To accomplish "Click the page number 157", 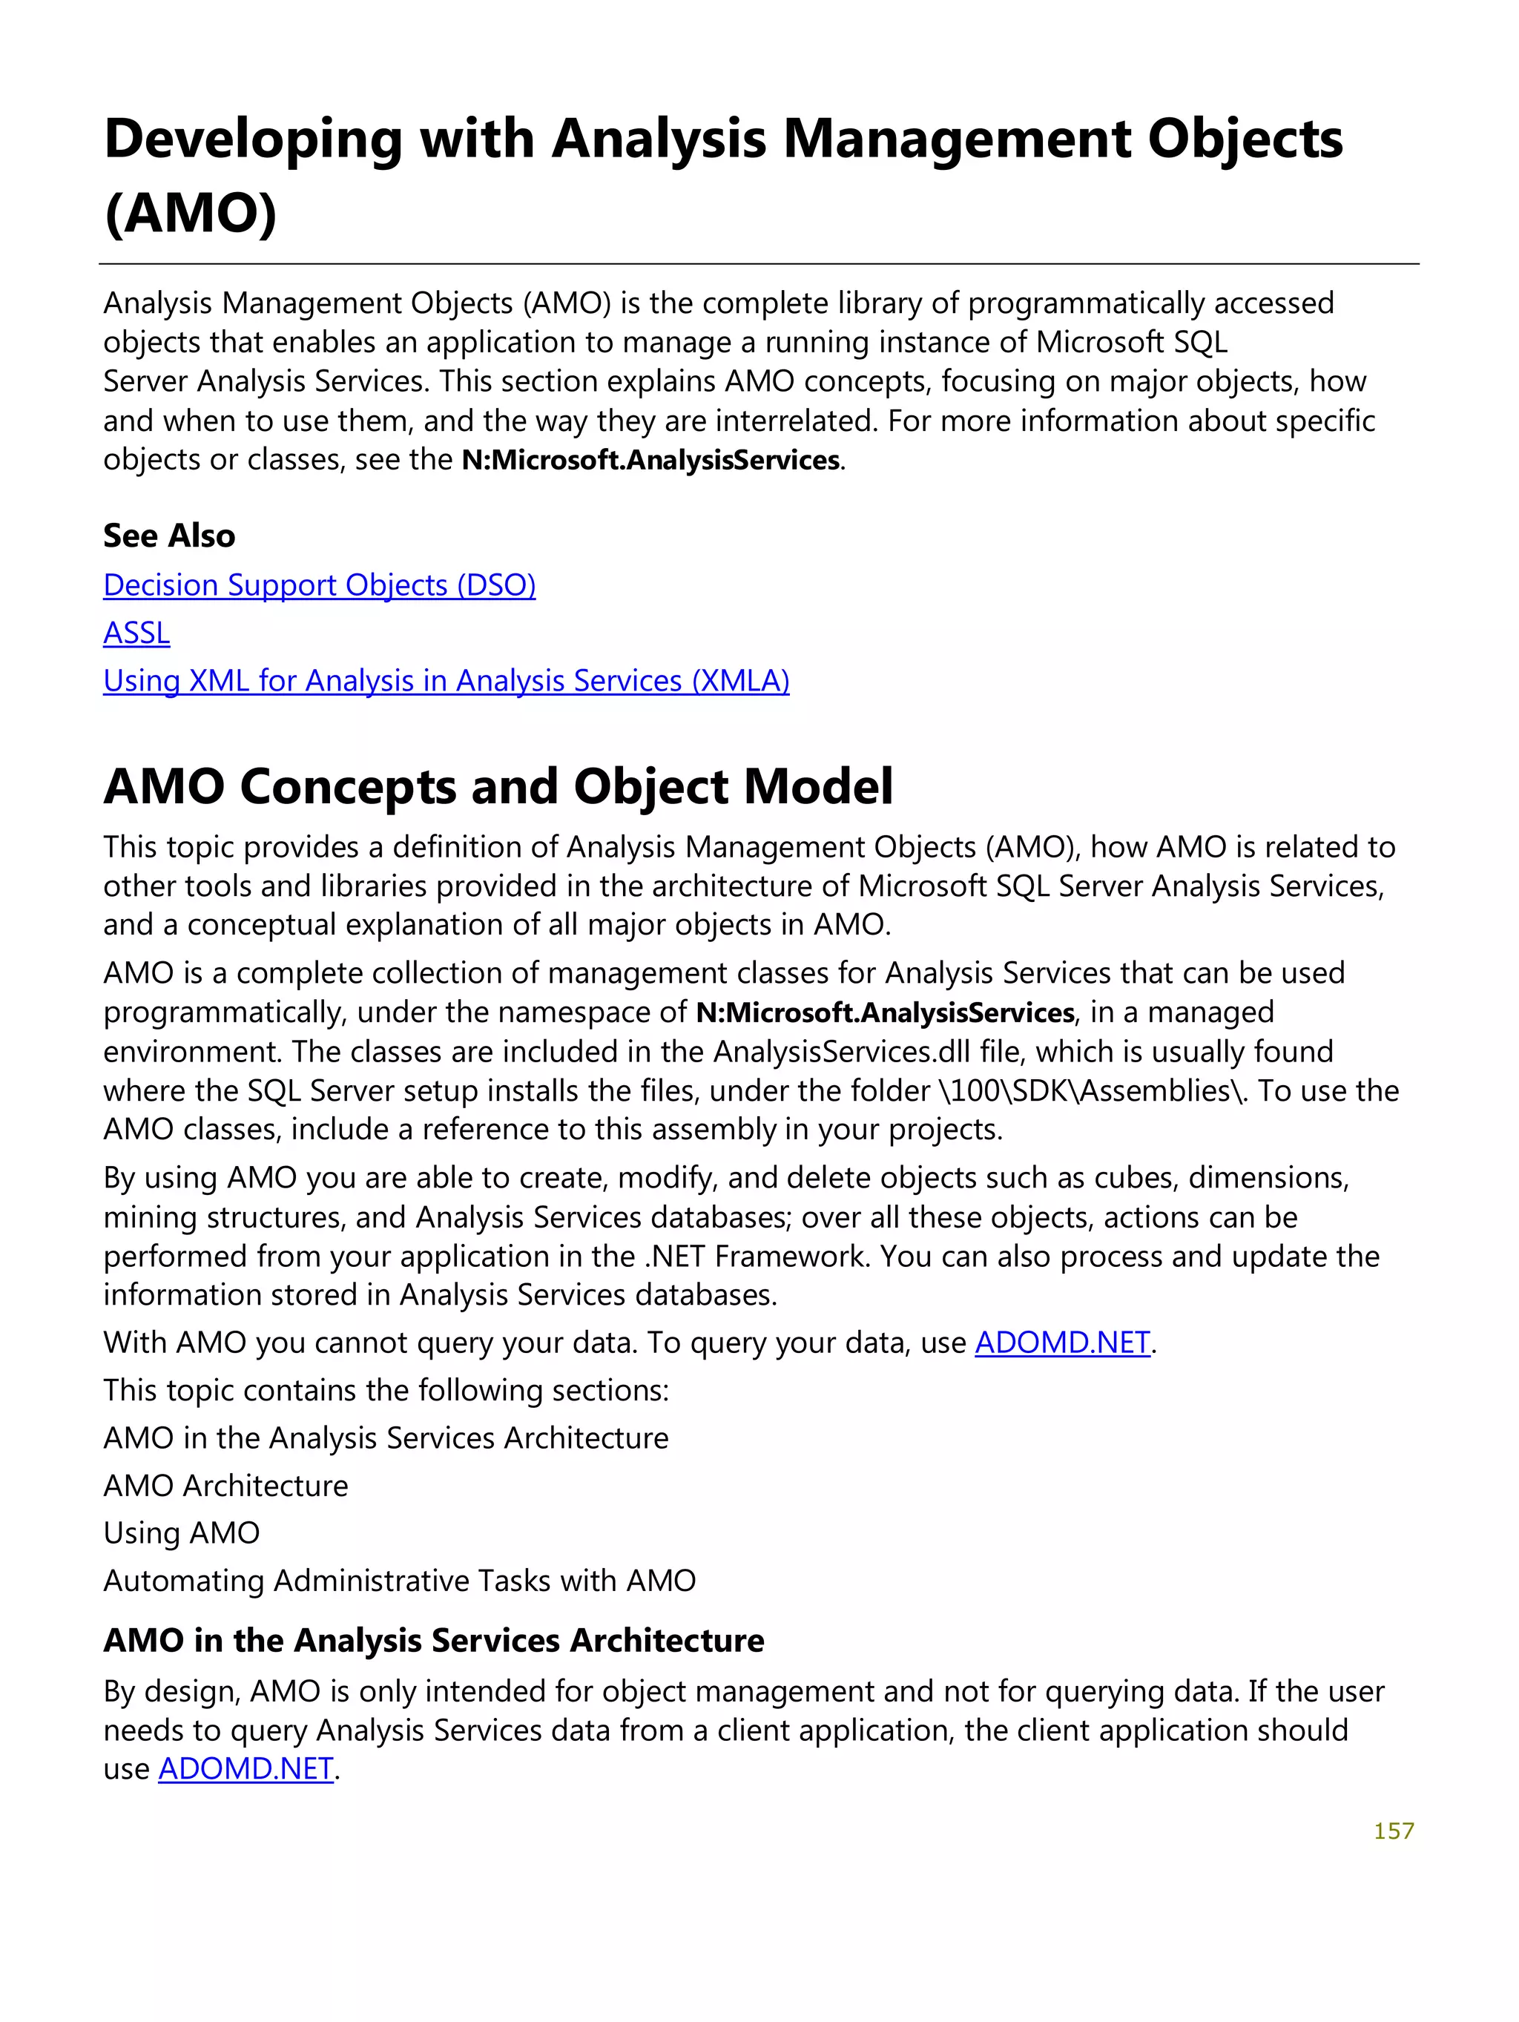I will pos(1393,1830).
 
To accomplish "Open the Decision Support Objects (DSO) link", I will pos(319,585).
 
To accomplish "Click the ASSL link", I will pos(136,633).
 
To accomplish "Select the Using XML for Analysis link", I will pos(446,681).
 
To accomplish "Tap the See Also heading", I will pos(169,536).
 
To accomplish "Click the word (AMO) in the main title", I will pos(190,213).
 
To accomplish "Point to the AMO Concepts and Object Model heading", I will pos(498,786).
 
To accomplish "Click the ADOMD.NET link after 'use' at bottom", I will pos(246,1769).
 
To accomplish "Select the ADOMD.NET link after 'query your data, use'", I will pos(1062,1342).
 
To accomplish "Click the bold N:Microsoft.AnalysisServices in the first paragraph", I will pos(650,460).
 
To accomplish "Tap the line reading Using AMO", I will pos(181,1533).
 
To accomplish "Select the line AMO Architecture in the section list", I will pos(225,1486).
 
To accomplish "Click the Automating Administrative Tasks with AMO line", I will pos(399,1581).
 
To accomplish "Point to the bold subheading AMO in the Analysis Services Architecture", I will pos(433,1641).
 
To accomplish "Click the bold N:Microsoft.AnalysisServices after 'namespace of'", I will pos(885,1012).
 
